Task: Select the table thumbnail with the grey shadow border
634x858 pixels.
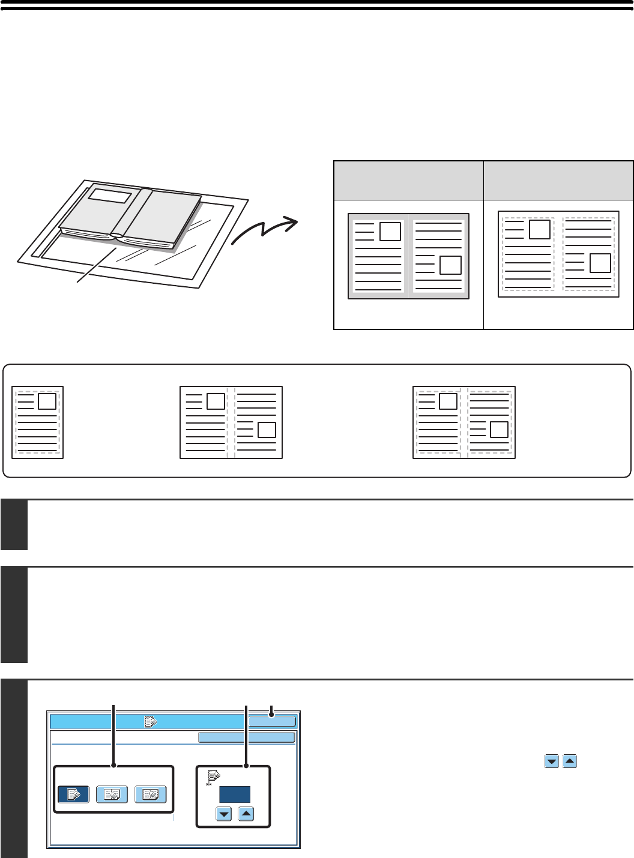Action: click(408, 256)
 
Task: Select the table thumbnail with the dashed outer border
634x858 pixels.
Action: click(558, 254)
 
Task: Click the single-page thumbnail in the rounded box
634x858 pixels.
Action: click(37, 422)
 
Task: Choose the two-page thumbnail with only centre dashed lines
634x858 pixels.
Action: click(231, 422)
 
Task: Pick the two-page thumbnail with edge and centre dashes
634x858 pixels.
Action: click(464, 422)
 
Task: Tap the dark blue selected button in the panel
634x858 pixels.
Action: click(73, 794)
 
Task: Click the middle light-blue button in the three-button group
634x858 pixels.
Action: click(112, 794)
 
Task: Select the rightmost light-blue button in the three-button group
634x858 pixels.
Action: click(150, 794)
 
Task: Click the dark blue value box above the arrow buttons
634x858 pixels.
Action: click(234, 794)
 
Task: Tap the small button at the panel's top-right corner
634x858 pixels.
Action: click(272, 722)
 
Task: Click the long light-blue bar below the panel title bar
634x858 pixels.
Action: click(247, 737)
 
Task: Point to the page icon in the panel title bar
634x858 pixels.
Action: click(149, 722)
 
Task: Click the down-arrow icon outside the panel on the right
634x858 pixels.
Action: click(551, 761)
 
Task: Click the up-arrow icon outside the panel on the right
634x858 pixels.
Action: click(570, 761)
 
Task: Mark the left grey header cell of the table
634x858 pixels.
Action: click(408, 180)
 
